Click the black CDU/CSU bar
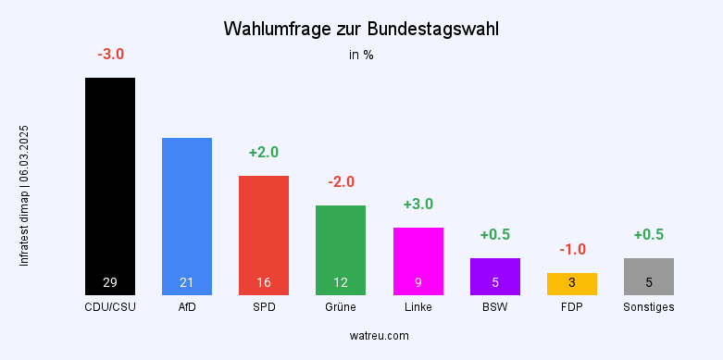click(x=110, y=185)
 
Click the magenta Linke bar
click(x=418, y=260)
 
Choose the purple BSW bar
click(x=495, y=276)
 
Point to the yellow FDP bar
click(x=572, y=283)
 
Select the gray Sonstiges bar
click(x=649, y=276)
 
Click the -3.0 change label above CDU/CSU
click(x=110, y=55)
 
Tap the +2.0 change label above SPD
click(x=264, y=152)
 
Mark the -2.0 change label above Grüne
click(x=341, y=181)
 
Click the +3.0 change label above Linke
click(x=418, y=204)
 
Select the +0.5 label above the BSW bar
click(x=495, y=234)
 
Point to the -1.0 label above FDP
click(x=572, y=249)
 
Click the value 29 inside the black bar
click(x=110, y=282)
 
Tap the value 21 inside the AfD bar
click(x=187, y=282)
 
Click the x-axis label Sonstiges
click(x=649, y=307)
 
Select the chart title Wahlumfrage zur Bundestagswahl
click(x=361, y=29)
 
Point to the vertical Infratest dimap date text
click(x=25, y=196)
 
